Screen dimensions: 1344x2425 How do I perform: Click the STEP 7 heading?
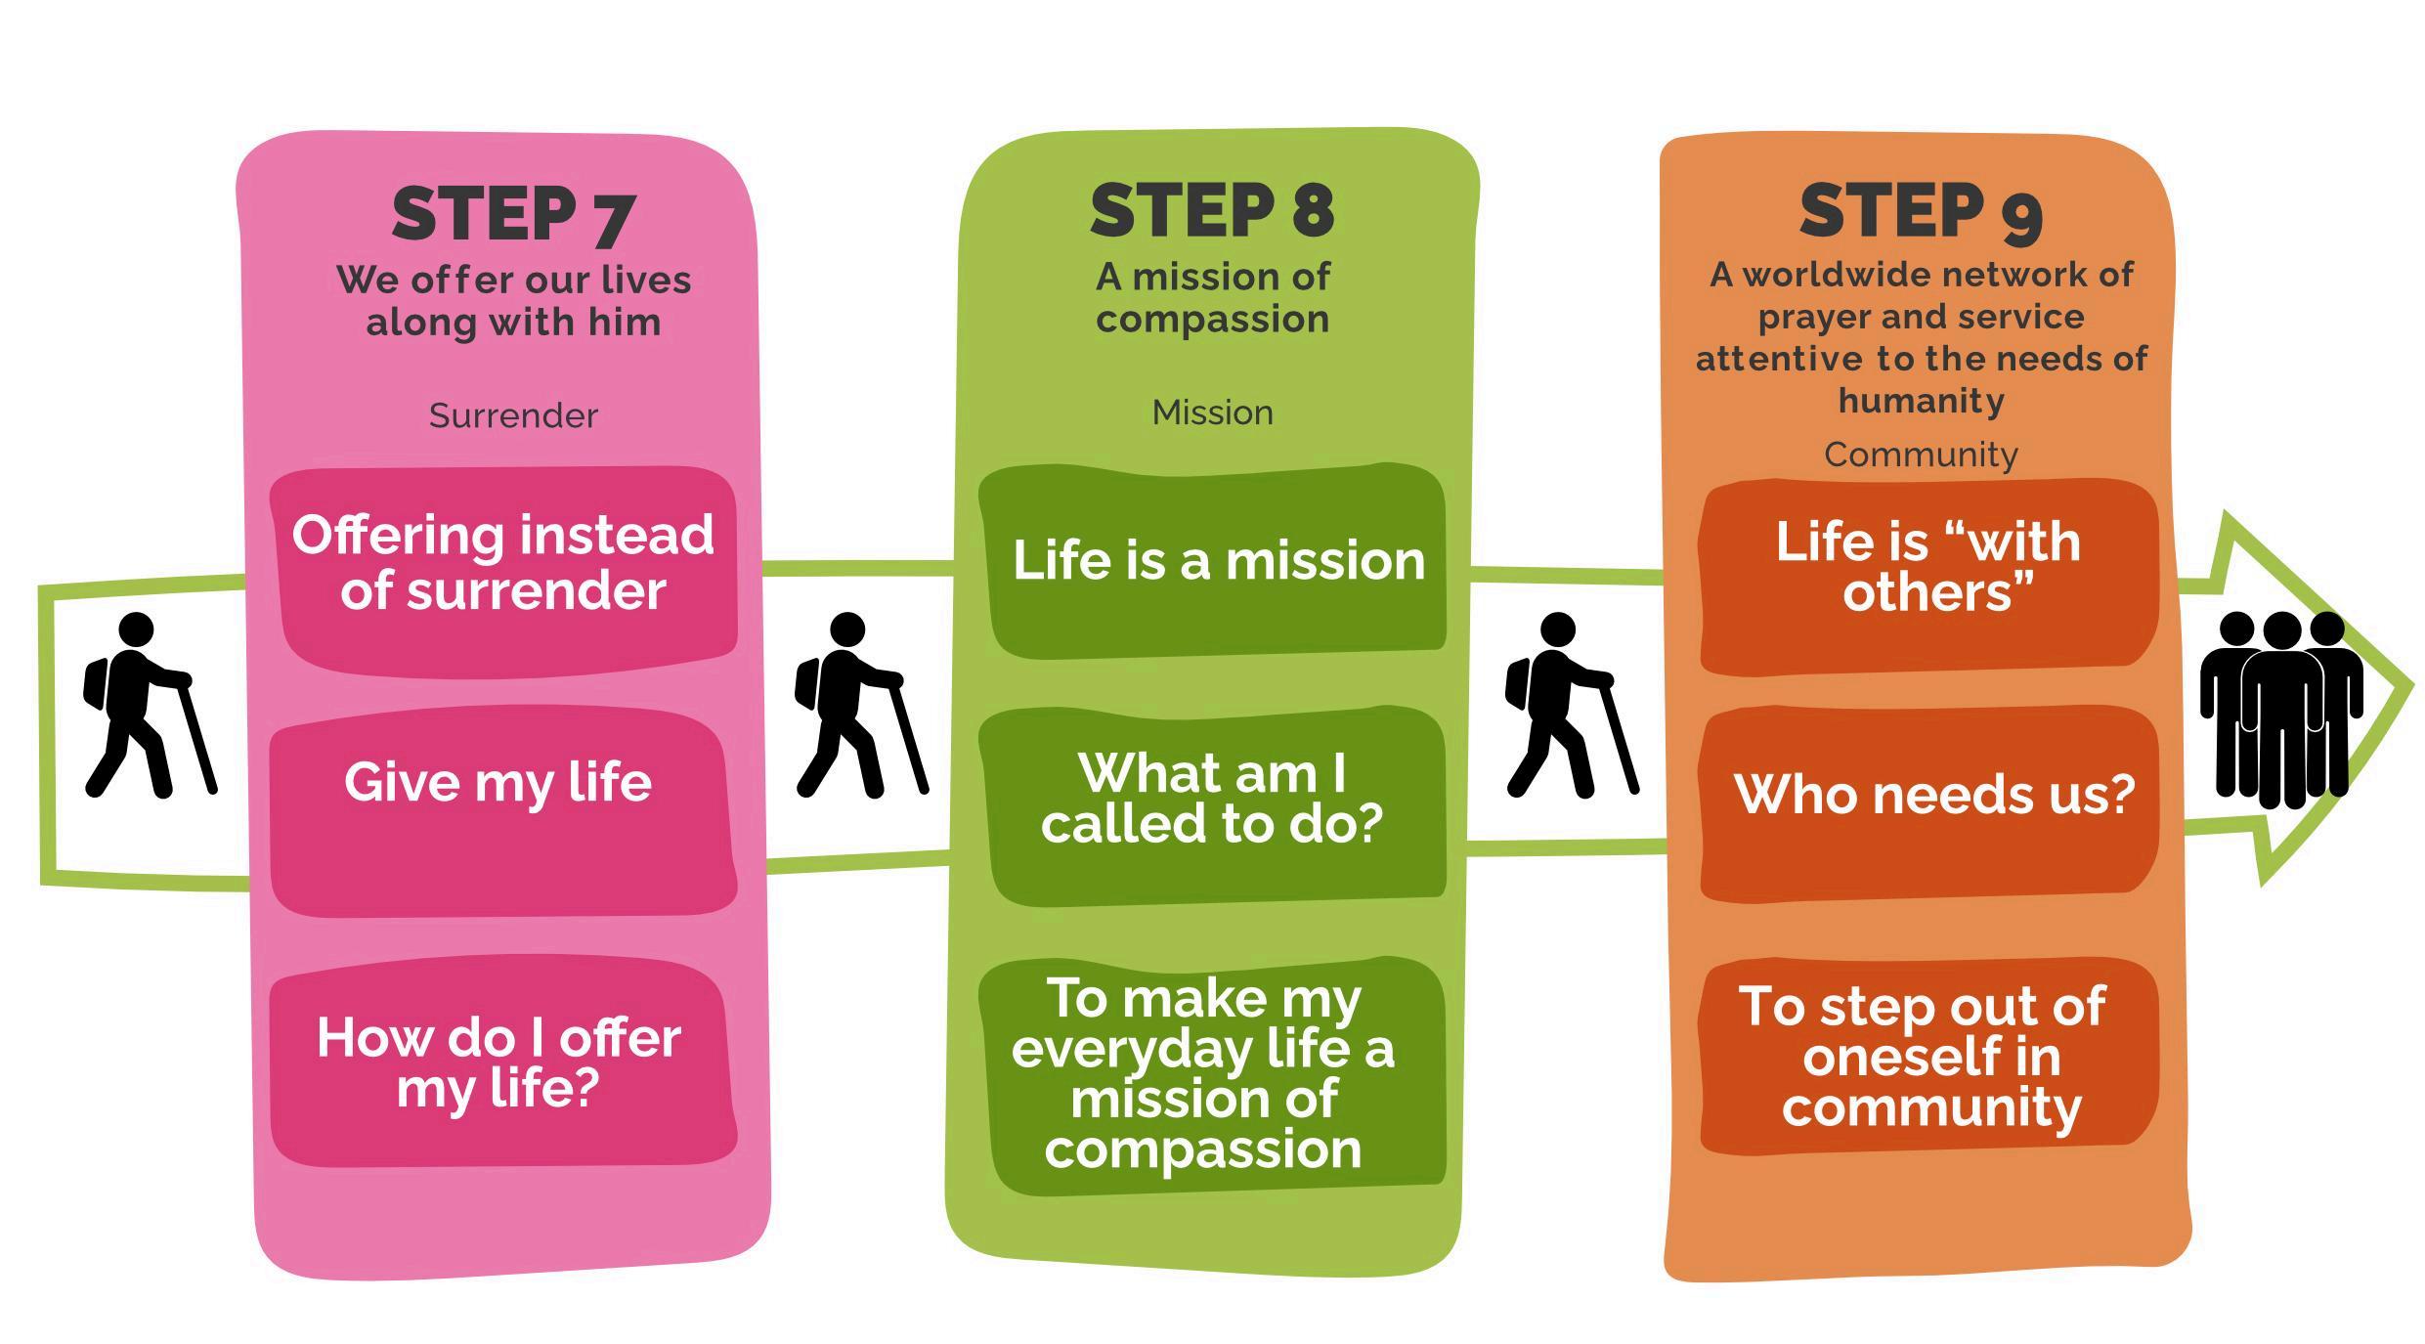[513, 214]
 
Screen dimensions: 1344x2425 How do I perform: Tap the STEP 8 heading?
[1212, 210]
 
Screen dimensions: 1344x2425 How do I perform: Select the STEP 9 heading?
[1921, 211]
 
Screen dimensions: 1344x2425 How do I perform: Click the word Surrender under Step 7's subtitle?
[513, 416]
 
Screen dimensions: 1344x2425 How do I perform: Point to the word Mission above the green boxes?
[1212, 412]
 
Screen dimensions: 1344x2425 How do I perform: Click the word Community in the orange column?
[1921, 455]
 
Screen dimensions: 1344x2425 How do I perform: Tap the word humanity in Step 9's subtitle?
[1921, 401]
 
